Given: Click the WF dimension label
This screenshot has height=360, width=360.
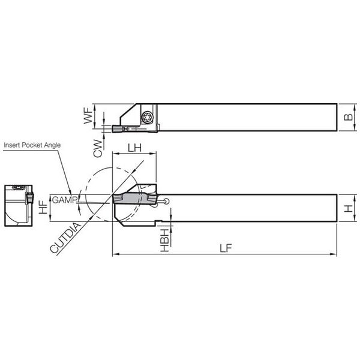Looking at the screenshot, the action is click(x=88, y=116).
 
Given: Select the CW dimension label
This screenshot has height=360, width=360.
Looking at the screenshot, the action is click(x=98, y=148).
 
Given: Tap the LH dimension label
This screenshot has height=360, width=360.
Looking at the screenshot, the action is click(x=134, y=148).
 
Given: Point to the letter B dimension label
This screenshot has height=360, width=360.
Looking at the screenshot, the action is click(x=348, y=117).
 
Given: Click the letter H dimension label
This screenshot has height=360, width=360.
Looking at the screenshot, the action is click(x=348, y=208).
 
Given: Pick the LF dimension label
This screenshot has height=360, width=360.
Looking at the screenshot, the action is click(x=226, y=248).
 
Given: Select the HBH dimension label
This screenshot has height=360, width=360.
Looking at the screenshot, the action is click(x=164, y=240).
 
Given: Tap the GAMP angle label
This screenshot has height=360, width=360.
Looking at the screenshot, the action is click(x=64, y=200).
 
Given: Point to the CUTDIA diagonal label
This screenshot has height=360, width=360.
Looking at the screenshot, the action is click(x=65, y=238).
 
